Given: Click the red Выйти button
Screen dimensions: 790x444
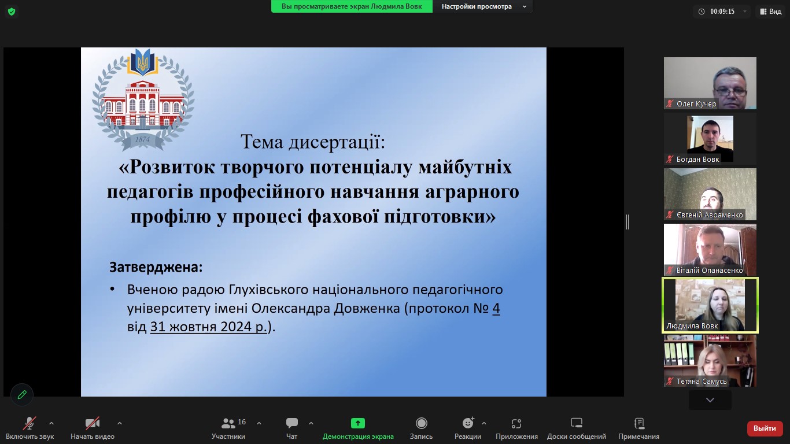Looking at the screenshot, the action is coord(765,428).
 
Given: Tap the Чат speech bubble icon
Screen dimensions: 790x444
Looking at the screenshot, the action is coord(291,423).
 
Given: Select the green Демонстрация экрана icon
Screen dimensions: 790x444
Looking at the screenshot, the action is coord(357,423).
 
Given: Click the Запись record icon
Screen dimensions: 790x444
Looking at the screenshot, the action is coord(421,423).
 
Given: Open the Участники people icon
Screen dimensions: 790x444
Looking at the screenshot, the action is coord(228,423).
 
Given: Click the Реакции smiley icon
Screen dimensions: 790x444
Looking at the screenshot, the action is coord(468,423).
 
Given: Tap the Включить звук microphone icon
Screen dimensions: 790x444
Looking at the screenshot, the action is coord(29,423).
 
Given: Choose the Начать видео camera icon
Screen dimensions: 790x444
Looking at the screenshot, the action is coord(93,423).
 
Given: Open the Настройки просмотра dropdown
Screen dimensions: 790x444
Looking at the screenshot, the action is coord(483,6).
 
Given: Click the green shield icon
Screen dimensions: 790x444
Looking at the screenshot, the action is coord(12,12).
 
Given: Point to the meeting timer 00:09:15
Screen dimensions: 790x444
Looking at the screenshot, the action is coord(722,12).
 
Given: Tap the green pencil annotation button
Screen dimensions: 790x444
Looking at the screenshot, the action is coord(22,394).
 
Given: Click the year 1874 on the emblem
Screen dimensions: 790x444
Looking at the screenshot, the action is coord(142,139).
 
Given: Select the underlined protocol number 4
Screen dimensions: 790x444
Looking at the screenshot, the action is coord(496,308).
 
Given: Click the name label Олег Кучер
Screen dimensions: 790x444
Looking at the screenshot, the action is coord(696,103).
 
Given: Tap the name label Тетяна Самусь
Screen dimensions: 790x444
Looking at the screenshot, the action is coord(701,381).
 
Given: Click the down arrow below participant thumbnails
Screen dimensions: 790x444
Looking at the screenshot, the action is coord(710,400).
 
